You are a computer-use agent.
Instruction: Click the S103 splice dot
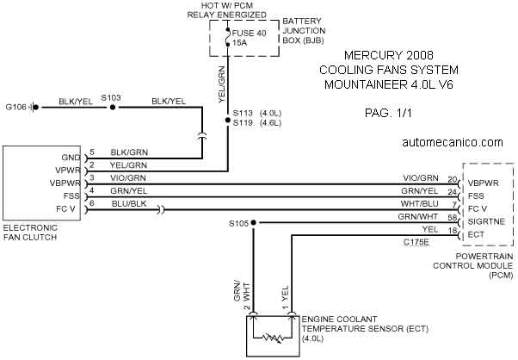113,107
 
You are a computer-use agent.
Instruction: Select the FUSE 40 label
249,33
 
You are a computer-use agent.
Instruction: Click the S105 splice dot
253,223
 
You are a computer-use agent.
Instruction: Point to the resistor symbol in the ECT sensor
273,338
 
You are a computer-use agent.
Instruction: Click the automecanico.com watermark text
453,142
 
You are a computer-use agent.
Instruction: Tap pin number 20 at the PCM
453,179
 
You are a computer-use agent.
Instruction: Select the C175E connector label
416,242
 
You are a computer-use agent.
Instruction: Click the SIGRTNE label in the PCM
486,221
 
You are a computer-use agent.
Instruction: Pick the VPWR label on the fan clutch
68,171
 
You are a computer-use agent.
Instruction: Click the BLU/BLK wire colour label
129,203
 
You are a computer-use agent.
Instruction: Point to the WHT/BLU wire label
419,203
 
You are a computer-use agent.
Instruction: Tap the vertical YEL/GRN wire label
222,84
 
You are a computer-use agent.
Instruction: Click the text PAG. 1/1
388,113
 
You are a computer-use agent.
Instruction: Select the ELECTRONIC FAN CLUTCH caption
30,233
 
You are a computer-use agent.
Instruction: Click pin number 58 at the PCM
453,218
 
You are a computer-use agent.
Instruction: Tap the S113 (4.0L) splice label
257,113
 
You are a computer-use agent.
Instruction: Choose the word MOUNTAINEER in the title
366,84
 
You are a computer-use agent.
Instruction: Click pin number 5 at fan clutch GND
92,152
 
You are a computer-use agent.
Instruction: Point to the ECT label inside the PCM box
476,235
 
